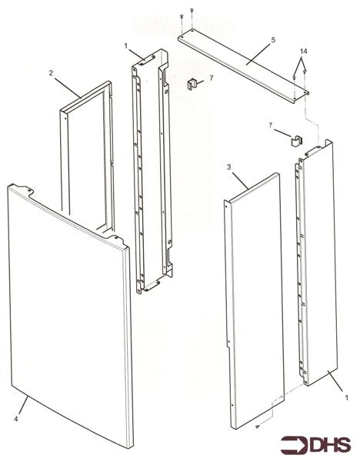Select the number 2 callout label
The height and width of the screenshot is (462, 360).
click(50, 74)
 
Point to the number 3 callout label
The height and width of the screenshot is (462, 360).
click(229, 166)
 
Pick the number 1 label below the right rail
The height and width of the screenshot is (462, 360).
click(347, 399)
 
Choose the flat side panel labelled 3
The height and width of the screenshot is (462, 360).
click(254, 300)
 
